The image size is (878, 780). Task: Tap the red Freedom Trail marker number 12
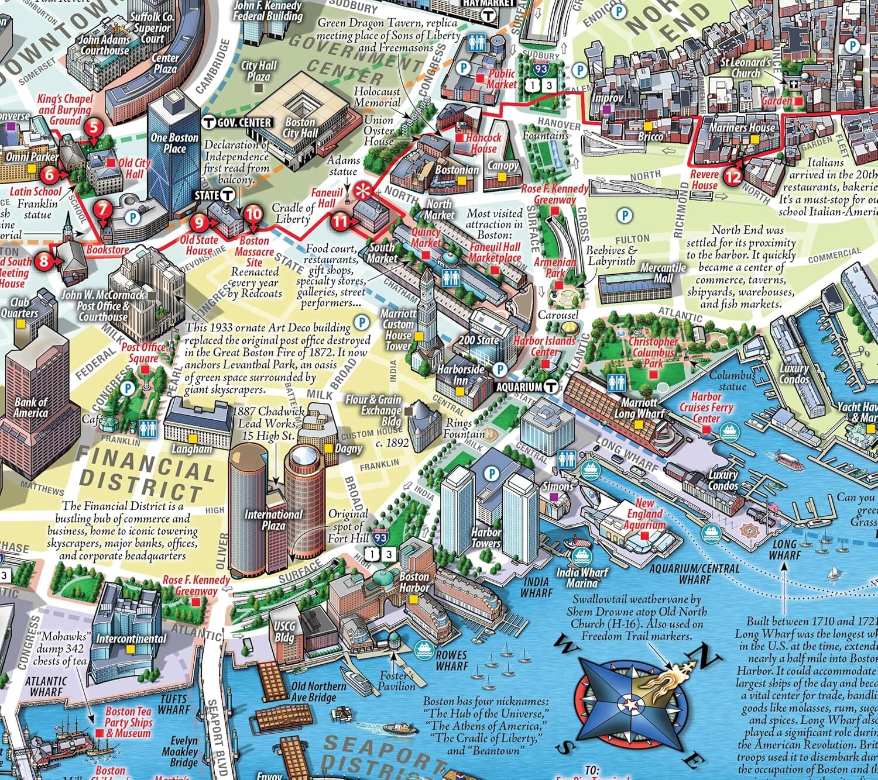click(733, 175)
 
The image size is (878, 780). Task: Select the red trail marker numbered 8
click(44, 260)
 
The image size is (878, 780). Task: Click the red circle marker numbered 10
click(253, 214)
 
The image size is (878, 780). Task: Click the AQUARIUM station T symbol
click(550, 386)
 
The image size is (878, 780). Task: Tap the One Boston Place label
click(174, 143)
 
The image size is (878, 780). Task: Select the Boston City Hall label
click(300, 127)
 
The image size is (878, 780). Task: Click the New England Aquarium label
click(644, 513)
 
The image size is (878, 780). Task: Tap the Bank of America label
click(30, 408)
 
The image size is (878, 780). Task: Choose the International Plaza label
click(273, 520)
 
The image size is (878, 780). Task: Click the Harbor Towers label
click(486, 537)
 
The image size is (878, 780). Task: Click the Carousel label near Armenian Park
click(558, 315)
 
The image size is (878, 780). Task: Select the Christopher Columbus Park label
click(653, 352)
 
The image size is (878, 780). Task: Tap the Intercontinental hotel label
click(131, 639)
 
